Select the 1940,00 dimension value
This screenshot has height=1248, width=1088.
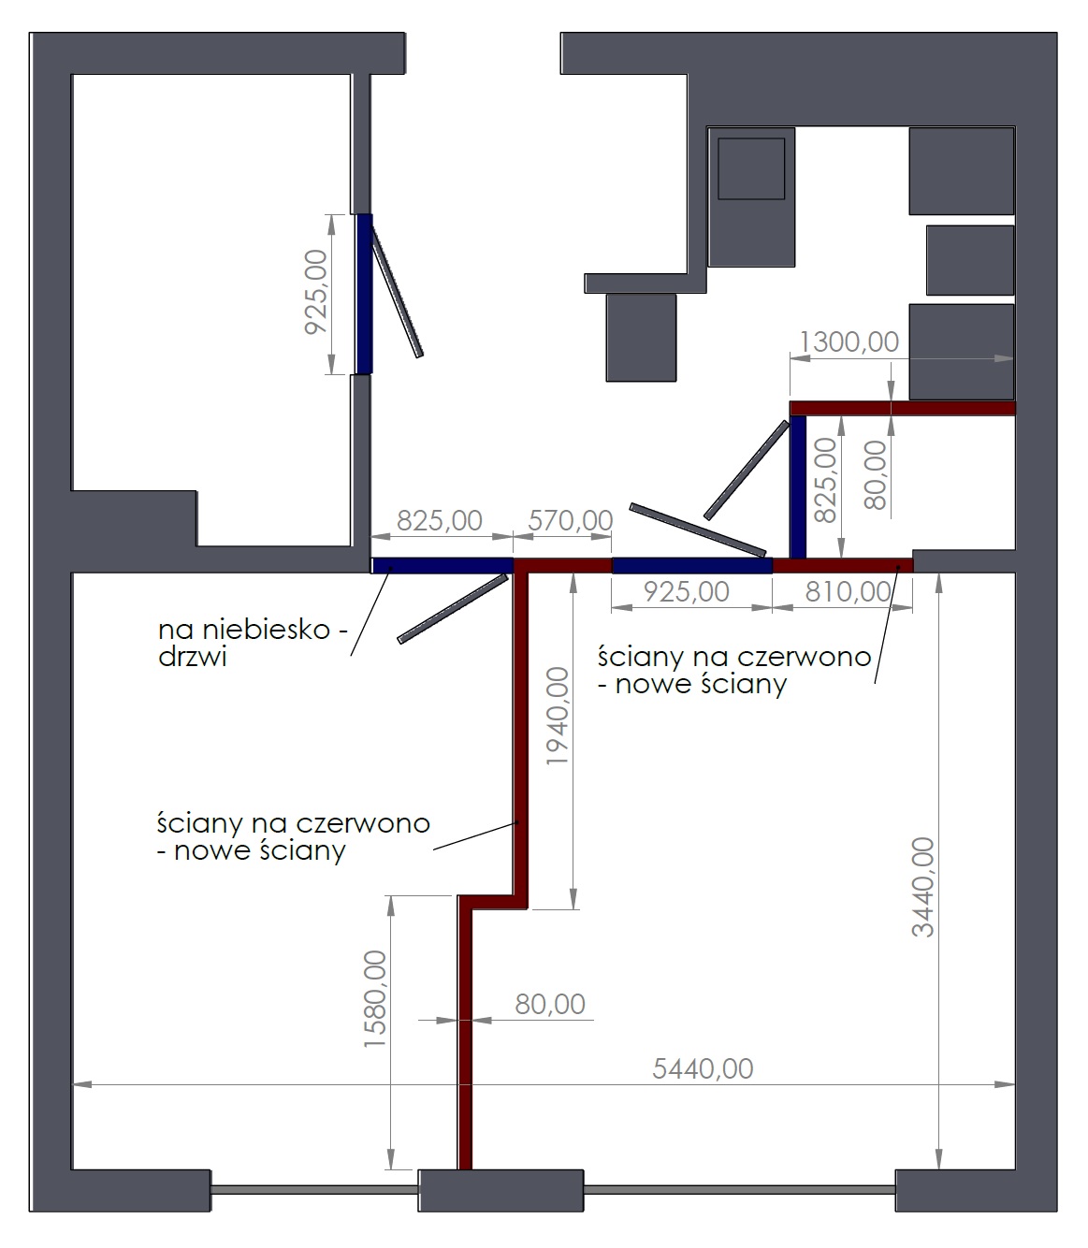[557, 716]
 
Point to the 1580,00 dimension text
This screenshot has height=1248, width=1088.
[374, 999]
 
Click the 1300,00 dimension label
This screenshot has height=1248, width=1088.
[849, 341]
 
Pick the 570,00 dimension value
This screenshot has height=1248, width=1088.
[571, 520]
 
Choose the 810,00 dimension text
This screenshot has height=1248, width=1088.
[848, 591]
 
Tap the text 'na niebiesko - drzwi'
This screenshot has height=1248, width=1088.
[253, 643]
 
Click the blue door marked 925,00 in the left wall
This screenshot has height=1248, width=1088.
[364, 294]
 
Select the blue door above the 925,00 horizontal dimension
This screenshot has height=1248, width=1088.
[691, 565]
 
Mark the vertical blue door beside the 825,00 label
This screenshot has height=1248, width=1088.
[798, 486]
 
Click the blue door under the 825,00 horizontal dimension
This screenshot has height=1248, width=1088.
[442, 565]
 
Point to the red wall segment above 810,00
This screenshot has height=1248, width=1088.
[842, 565]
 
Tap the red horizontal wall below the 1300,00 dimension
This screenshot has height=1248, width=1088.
[903, 408]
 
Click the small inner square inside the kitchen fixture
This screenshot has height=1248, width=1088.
[751, 168]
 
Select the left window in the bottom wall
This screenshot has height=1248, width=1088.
[314, 1189]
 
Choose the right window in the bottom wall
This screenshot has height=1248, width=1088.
[739, 1189]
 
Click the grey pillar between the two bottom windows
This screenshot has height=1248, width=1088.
[500, 1190]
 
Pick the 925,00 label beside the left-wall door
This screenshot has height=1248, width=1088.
[316, 292]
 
